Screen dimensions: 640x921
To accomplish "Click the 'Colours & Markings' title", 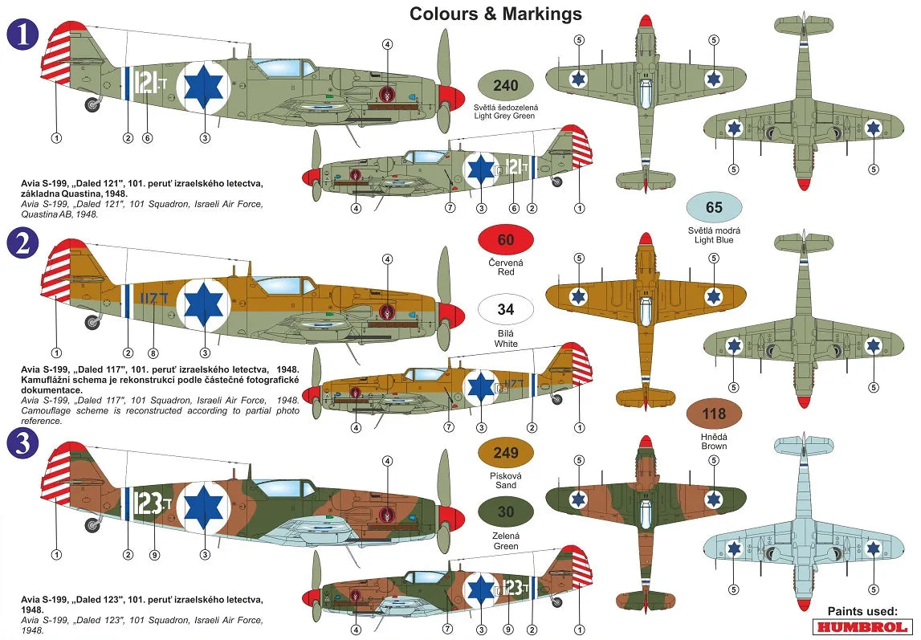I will (x=495, y=14).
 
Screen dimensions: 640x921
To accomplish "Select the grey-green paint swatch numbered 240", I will (x=505, y=85).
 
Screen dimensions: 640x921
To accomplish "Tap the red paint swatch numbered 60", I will (x=505, y=239).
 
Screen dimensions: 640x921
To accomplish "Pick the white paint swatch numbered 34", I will (x=505, y=309).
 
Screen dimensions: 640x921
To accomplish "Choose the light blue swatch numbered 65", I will (x=713, y=207).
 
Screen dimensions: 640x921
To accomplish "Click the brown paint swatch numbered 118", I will (x=713, y=414).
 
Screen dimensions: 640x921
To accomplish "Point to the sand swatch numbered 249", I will (x=505, y=453).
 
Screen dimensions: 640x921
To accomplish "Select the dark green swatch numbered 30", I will (x=505, y=512).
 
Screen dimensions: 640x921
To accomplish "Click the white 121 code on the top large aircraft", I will (x=148, y=81).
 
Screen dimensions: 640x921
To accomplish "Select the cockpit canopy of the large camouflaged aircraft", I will (x=280, y=487).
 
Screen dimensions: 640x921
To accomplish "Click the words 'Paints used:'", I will (x=862, y=610).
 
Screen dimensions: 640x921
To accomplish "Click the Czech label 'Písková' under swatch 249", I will (x=505, y=475).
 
